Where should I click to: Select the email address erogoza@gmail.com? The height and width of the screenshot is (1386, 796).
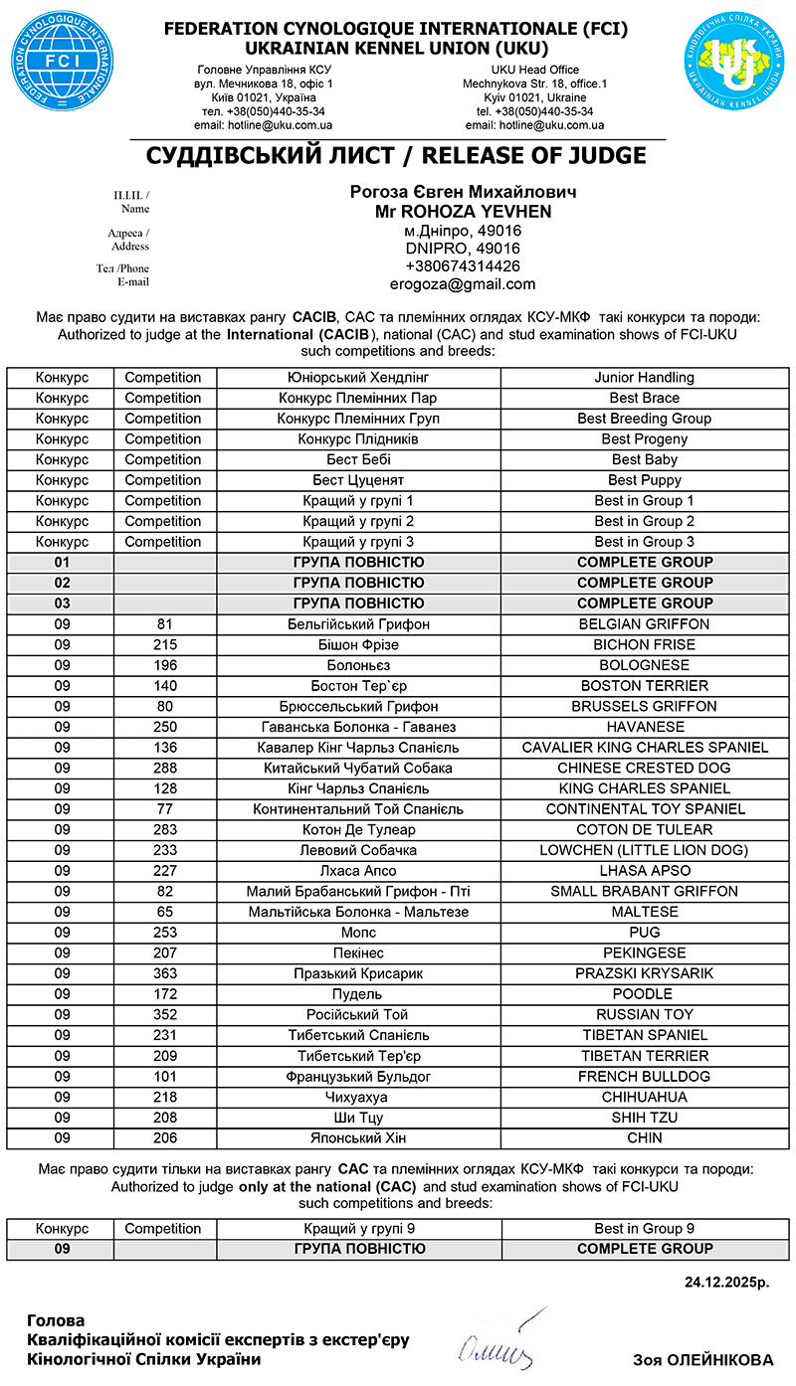coord(463,284)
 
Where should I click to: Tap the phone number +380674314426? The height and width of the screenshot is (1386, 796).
coord(463,266)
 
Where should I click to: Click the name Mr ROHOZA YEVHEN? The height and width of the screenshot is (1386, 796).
coord(463,212)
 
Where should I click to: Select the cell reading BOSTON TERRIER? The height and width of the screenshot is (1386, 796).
coord(644,686)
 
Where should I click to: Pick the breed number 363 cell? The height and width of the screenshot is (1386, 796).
coord(165,973)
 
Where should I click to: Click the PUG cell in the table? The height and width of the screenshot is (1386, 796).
coord(644,933)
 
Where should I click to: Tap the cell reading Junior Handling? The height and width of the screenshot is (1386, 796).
coord(644,378)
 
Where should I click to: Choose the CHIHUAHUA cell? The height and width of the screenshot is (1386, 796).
coord(644,1097)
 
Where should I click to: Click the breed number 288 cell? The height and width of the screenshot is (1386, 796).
coord(165,768)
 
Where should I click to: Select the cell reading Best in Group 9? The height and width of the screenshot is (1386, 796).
coord(644,1229)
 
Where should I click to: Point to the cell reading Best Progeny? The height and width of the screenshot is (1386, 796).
coord(644,439)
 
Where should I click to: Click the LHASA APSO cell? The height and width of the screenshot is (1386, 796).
coord(644,871)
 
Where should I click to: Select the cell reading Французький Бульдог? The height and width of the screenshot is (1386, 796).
coord(358,1077)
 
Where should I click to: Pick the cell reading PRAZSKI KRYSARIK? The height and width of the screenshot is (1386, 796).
coord(644,973)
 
